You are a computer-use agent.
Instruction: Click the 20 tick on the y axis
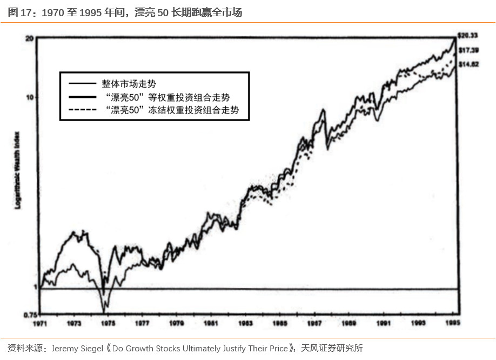point(30,38)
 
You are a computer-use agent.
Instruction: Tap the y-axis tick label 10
point(30,97)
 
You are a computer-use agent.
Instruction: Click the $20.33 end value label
point(467,36)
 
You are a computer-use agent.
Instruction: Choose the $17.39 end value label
point(467,50)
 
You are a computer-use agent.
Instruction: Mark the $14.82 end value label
point(467,64)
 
